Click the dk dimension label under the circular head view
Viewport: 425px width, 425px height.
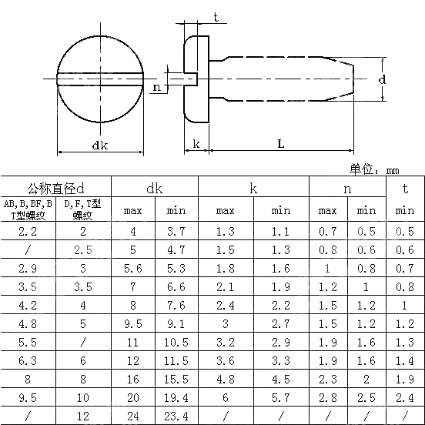[x=99, y=146]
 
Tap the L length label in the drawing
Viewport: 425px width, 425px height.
[x=281, y=144]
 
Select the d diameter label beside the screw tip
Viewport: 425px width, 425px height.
[x=383, y=79]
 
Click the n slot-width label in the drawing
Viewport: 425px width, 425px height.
[x=157, y=88]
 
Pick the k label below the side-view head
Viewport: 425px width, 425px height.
[x=196, y=144]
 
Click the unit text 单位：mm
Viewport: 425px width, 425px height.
[x=375, y=169]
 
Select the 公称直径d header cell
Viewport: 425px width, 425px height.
[x=56, y=188]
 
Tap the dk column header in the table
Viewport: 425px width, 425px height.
[x=154, y=188]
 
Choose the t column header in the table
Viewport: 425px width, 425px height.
[x=405, y=188]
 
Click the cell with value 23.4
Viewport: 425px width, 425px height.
[x=176, y=416]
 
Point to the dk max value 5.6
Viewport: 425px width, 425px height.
[x=132, y=268]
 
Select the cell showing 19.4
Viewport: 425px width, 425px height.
[x=176, y=397]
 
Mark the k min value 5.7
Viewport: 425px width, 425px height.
[x=281, y=397]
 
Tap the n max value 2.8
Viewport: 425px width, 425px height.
[x=327, y=397]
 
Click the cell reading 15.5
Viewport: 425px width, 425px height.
[x=176, y=379]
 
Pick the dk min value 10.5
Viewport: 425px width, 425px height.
[x=176, y=342]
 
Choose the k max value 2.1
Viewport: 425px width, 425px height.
[x=225, y=286]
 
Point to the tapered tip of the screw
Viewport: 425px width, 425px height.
[x=340, y=79]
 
